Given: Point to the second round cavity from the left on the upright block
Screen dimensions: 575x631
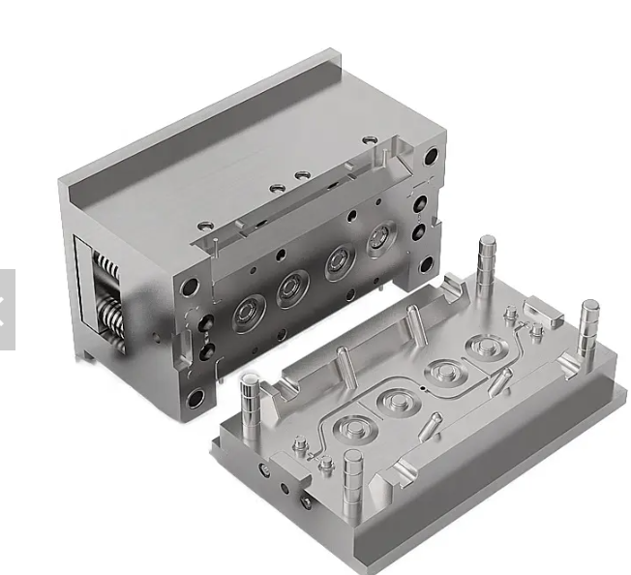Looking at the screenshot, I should pyautogui.click(x=292, y=287).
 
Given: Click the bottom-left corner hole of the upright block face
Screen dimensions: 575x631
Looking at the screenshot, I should pyautogui.click(x=195, y=397).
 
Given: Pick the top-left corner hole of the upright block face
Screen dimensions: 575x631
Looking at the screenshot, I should pyautogui.click(x=191, y=287).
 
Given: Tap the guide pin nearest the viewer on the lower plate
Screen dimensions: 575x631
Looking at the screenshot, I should pyautogui.click(x=351, y=474).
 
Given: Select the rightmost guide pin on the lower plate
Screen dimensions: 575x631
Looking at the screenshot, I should pyautogui.click(x=587, y=329).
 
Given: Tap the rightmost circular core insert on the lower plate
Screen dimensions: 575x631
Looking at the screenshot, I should pyautogui.click(x=482, y=348).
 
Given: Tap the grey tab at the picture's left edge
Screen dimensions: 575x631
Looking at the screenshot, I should pyautogui.click(x=7, y=308).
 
